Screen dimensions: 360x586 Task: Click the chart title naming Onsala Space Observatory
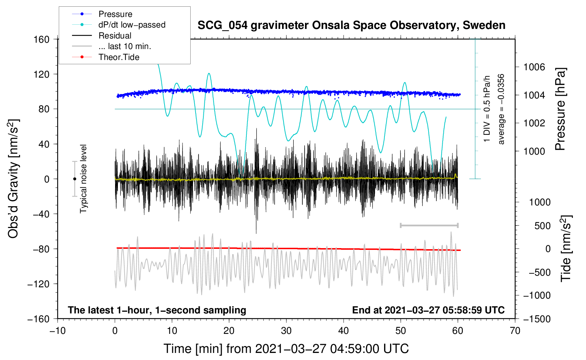(351, 25)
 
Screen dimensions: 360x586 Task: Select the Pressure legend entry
(115, 14)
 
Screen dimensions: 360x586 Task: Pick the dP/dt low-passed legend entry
(132, 25)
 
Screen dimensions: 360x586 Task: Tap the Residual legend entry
(115, 36)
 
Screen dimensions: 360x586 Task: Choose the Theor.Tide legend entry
(119, 57)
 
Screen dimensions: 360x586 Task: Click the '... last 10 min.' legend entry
(125, 46)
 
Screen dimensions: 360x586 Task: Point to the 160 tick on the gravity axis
(42, 39)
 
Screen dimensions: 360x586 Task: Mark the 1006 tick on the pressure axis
(534, 67)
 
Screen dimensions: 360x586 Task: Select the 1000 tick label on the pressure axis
(534, 151)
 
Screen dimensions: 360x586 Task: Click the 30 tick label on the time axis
(286, 331)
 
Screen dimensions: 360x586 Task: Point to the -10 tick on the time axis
(58, 331)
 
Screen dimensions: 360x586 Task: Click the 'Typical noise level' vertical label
(83, 179)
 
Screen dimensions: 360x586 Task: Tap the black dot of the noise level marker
(74, 179)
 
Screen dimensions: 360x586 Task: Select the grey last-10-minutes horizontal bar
(429, 225)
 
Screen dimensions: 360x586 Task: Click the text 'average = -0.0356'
(501, 109)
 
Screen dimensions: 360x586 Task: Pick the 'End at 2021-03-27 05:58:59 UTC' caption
(428, 310)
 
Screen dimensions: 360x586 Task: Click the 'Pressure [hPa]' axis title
(560, 109)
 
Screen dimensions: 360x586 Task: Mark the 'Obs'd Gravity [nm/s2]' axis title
(13, 179)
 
